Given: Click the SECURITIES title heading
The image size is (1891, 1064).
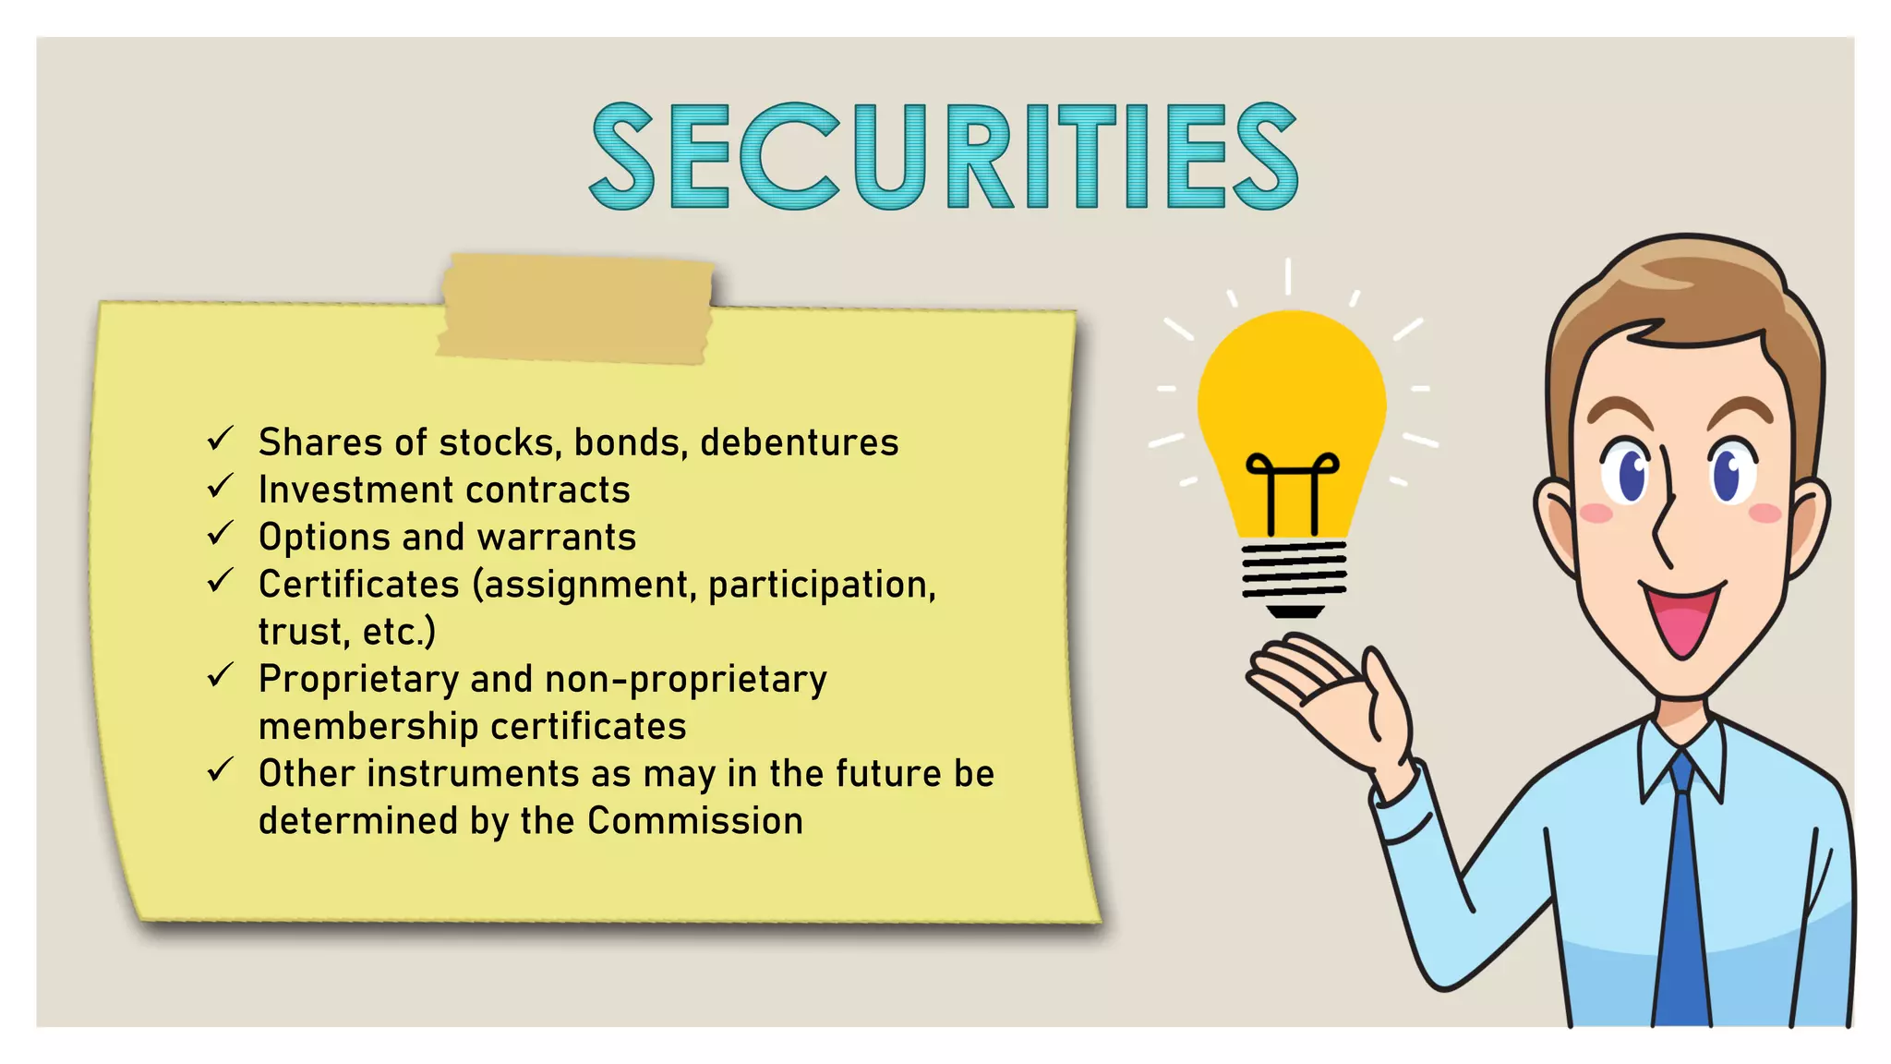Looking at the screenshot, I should pos(944,157).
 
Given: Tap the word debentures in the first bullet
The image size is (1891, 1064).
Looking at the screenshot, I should pos(799,443).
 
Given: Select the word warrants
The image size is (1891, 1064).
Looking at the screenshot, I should pos(557,538).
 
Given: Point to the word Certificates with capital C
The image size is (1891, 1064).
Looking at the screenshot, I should pos(358,585).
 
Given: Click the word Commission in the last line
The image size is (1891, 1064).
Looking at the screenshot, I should pos(694,821).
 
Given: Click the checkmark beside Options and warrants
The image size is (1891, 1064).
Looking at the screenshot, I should pos(220,534).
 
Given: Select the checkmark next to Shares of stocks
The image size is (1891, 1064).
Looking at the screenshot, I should pos(220,439).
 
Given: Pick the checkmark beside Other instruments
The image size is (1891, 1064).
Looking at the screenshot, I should pos(220,769).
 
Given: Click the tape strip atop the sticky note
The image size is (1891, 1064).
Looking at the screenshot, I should pos(576,308).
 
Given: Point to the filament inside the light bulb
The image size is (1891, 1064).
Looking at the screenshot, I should pos(1292,490).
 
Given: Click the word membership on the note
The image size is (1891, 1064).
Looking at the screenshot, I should pos(367,727).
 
